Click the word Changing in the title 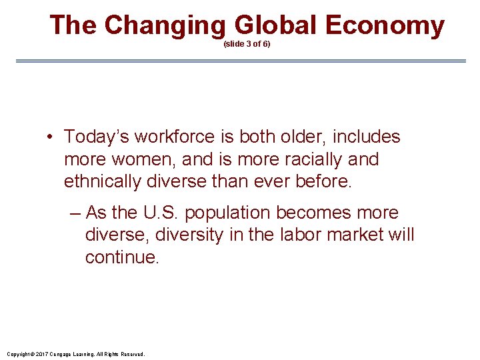click(x=166, y=25)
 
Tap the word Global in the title click(x=276, y=25)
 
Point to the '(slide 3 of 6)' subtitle click(x=247, y=44)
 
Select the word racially click(x=311, y=159)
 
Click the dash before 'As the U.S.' click(x=75, y=213)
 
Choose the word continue click(x=122, y=257)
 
